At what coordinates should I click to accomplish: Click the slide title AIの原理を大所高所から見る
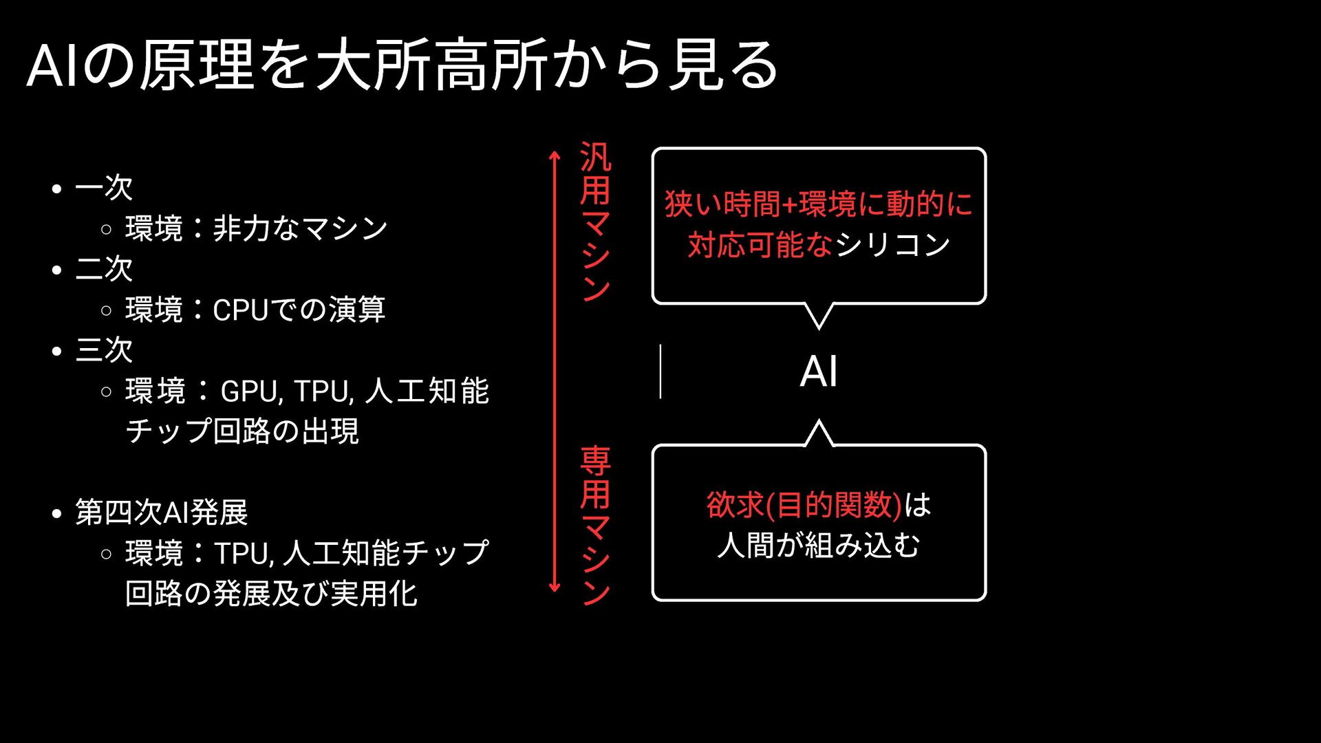coord(402,65)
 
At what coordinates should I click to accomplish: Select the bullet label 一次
coord(103,188)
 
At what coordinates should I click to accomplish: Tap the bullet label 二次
coord(103,269)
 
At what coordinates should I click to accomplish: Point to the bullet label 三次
coord(103,350)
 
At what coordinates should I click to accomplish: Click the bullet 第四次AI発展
coord(161,513)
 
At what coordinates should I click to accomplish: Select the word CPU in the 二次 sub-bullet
coord(241,310)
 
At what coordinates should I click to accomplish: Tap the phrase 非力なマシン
coord(300,229)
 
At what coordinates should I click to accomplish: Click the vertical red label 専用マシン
coord(595,526)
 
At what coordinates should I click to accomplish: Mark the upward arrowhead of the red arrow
coord(555,156)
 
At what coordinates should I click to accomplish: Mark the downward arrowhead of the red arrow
coord(555,588)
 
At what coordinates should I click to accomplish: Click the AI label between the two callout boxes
coord(819,372)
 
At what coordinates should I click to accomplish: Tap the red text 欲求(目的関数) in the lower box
coord(804,505)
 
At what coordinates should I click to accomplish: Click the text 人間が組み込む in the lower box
coord(819,546)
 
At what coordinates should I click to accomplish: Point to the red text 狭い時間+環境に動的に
coord(819,204)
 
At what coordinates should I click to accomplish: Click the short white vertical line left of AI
coord(660,371)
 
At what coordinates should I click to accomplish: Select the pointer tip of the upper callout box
coord(819,327)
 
